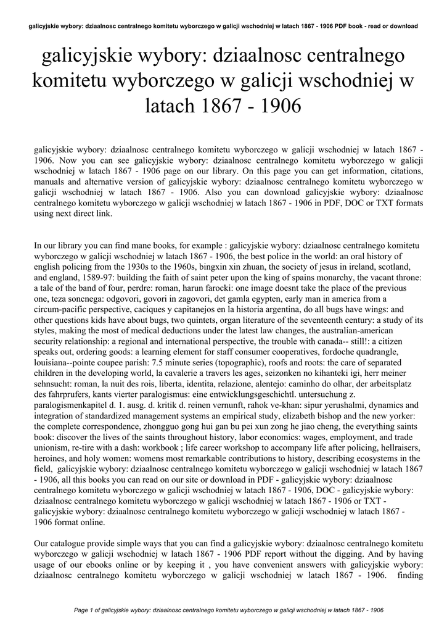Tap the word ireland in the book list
(343, 267)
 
